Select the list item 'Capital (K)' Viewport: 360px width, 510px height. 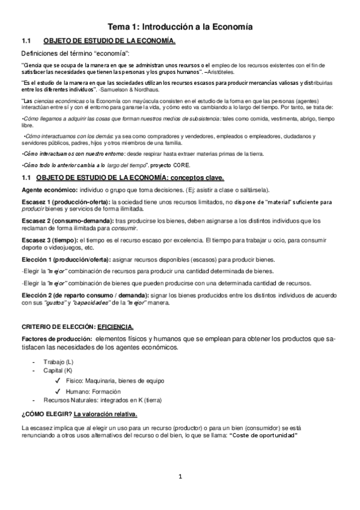[x=59, y=371]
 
